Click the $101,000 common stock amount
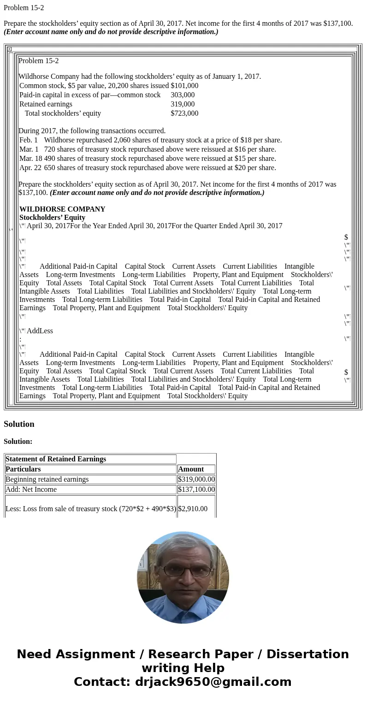coord(184,86)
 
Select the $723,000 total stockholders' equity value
coord(184,113)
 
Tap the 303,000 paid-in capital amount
coord(183,95)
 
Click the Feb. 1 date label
coord(29,140)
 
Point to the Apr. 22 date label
coord(30,168)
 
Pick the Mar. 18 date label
coord(30,159)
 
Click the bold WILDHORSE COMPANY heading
coord(62,209)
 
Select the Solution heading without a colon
coord(19,424)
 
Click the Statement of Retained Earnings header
coord(56,459)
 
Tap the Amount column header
coord(191,469)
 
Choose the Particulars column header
coord(23,469)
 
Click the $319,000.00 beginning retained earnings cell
coord(196,479)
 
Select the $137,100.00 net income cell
coord(196,490)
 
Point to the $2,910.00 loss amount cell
coord(193,509)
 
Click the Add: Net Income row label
coord(31,490)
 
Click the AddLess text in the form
coord(40,331)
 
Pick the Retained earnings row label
coord(46,104)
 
